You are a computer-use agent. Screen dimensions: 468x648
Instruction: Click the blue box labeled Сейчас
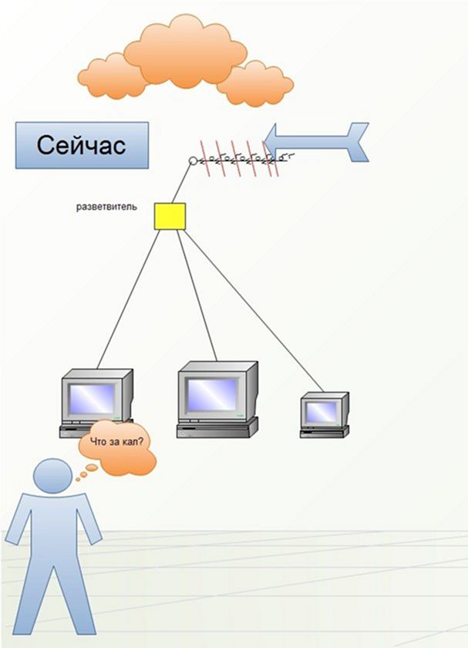(x=82, y=145)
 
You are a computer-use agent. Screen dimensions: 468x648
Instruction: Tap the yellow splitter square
(x=170, y=216)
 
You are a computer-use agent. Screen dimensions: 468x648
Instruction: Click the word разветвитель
(x=106, y=207)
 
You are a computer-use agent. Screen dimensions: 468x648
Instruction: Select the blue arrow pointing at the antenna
(x=316, y=142)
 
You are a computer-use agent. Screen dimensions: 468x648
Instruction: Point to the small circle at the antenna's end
(x=193, y=160)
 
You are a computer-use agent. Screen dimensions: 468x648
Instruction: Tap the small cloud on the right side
(x=255, y=84)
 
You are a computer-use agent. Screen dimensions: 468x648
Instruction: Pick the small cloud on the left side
(x=113, y=77)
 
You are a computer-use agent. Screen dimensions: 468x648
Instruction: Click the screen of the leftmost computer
(x=91, y=399)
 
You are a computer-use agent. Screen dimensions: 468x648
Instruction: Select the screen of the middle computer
(x=212, y=394)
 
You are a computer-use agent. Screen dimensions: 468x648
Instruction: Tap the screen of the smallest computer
(x=321, y=412)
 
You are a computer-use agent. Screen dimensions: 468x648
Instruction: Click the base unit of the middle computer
(x=217, y=428)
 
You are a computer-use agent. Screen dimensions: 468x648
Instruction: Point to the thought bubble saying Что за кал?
(x=117, y=448)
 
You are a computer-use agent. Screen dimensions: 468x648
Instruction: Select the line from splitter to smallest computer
(x=253, y=310)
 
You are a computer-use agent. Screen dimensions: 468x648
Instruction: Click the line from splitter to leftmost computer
(x=128, y=299)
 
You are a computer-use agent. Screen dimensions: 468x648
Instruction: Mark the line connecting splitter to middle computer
(x=197, y=295)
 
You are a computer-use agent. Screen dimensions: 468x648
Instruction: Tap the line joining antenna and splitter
(x=182, y=184)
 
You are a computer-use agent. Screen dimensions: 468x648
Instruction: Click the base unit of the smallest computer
(x=325, y=432)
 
